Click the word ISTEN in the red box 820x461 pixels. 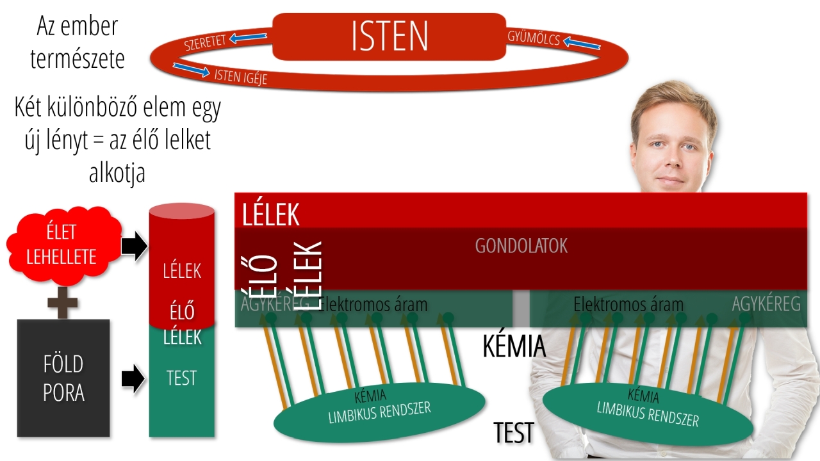pos(389,36)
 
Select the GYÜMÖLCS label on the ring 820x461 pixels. pos(534,38)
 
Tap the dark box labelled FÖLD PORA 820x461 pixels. pos(63,378)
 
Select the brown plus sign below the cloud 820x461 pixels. pos(63,303)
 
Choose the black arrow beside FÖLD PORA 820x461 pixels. pos(133,378)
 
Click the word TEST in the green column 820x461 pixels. pos(181,378)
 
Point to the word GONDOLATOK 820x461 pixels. pos(521,246)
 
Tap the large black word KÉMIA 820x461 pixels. pos(514,346)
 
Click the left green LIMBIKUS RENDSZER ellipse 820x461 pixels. pos(379,410)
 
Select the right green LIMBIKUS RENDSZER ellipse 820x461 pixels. pos(647,410)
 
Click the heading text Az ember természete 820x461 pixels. pos(77,43)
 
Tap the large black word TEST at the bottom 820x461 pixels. pos(514,433)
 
